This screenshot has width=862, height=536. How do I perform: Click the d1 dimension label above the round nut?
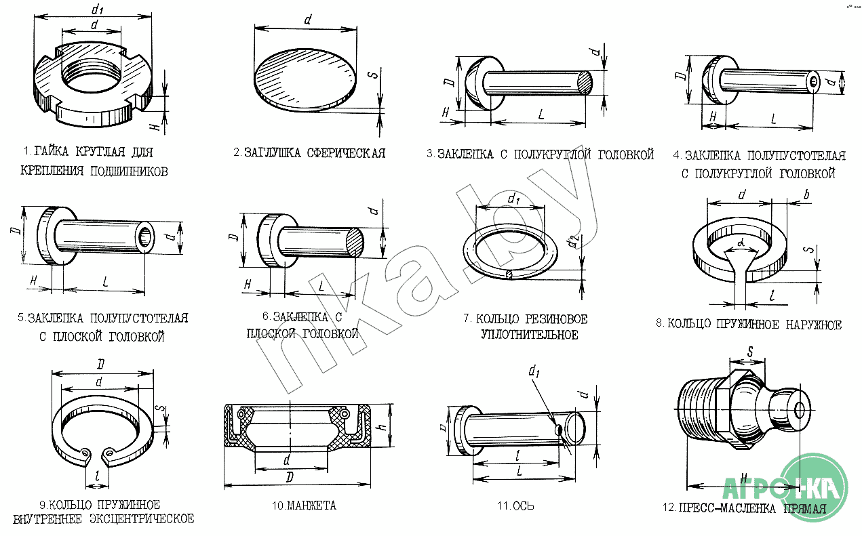coord(97,8)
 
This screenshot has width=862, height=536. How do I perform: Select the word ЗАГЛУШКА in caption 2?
coord(273,153)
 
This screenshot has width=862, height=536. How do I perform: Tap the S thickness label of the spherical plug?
coord(373,74)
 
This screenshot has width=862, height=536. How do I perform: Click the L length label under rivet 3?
coord(541,115)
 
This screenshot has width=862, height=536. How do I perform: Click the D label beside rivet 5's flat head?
coord(16,230)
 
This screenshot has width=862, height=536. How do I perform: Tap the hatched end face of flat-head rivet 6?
coord(355,242)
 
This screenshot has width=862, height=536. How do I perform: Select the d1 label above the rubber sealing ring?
coord(513,199)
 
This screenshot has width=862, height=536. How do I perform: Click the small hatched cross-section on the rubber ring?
coord(509,274)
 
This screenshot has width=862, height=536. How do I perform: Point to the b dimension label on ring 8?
coord(806,194)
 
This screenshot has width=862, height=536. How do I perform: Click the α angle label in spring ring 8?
coord(741,243)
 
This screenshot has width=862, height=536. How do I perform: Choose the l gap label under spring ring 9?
coord(98,476)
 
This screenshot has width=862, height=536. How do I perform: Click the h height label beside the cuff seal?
coord(383,426)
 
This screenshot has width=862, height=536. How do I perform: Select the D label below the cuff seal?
coord(290,478)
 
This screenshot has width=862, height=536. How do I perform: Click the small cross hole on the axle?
coord(558,430)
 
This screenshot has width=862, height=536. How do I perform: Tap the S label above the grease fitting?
coord(750,352)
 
